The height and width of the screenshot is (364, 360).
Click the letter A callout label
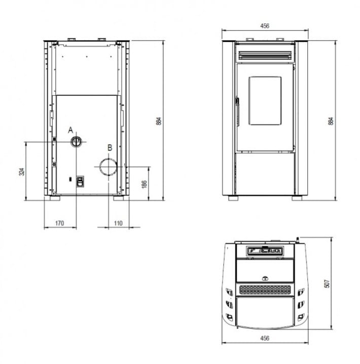pos(70,130)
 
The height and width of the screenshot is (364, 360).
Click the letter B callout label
pos(110,148)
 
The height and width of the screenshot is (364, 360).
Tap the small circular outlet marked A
pos(76,141)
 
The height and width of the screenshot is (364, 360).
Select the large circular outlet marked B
pos(108,167)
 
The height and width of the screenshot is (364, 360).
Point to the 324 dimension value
pos(22,171)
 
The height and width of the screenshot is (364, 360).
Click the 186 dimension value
pos(144,185)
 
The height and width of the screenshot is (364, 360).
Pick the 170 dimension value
pos(60,224)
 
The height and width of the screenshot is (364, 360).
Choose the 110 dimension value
pos(118,224)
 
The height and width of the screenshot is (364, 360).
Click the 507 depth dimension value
pos(327,284)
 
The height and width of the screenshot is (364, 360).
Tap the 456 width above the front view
pos(265,26)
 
